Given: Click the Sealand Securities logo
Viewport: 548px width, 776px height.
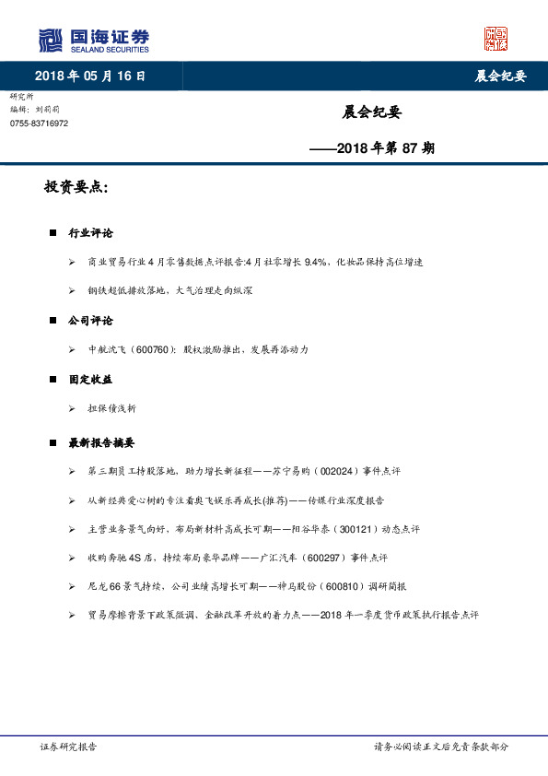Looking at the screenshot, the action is pyautogui.click(x=93, y=40).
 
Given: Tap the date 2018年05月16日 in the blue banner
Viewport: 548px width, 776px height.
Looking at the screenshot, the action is pyautogui.click(x=89, y=76).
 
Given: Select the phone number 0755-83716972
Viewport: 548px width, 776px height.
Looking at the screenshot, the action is pyautogui.click(x=39, y=123).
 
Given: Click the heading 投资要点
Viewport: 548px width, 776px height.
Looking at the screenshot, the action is pyautogui.click(x=76, y=188).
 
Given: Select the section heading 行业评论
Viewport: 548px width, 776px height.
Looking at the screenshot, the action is pyautogui.click(x=90, y=233).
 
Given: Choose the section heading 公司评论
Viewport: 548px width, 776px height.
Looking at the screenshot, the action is pyautogui.click(x=90, y=321).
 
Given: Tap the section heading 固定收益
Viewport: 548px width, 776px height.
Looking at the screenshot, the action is pyautogui.click(x=90, y=379).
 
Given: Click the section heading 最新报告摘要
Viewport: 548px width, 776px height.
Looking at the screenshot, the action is pyautogui.click(x=102, y=442).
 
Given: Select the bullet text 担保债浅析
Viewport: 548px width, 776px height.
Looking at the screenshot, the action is pyautogui.click(x=111, y=408).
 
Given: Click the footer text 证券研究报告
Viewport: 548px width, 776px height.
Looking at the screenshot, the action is pyautogui.click(x=68, y=747).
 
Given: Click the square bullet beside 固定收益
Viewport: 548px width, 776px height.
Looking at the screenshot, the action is pyautogui.click(x=53, y=380).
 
